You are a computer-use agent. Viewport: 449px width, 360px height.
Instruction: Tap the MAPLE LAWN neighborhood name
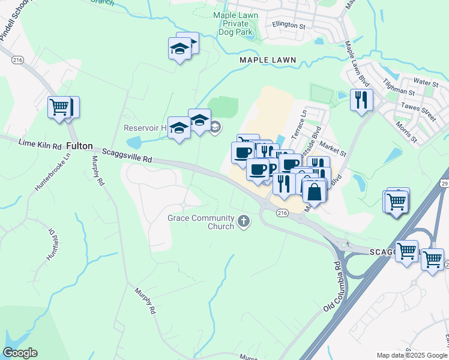pyautogui.click(x=268, y=60)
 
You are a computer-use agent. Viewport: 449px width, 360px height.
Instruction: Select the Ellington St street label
pyautogui.click(x=289, y=26)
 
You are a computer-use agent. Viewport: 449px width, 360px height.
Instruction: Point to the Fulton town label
pyautogui.click(x=79, y=146)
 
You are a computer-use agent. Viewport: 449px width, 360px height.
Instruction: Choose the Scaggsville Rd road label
pyautogui.click(x=126, y=156)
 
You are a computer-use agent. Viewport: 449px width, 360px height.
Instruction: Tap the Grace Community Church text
pyautogui.click(x=200, y=222)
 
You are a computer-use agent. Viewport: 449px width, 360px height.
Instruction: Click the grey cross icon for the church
pyautogui.click(x=244, y=221)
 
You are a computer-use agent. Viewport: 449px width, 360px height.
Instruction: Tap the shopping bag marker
pyautogui.click(x=313, y=193)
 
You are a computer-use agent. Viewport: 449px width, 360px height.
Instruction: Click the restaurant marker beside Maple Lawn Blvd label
pyautogui.click(x=361, y=100)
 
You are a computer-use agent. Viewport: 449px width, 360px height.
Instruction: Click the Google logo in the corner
pyautogui.click(x=20, y=353)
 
